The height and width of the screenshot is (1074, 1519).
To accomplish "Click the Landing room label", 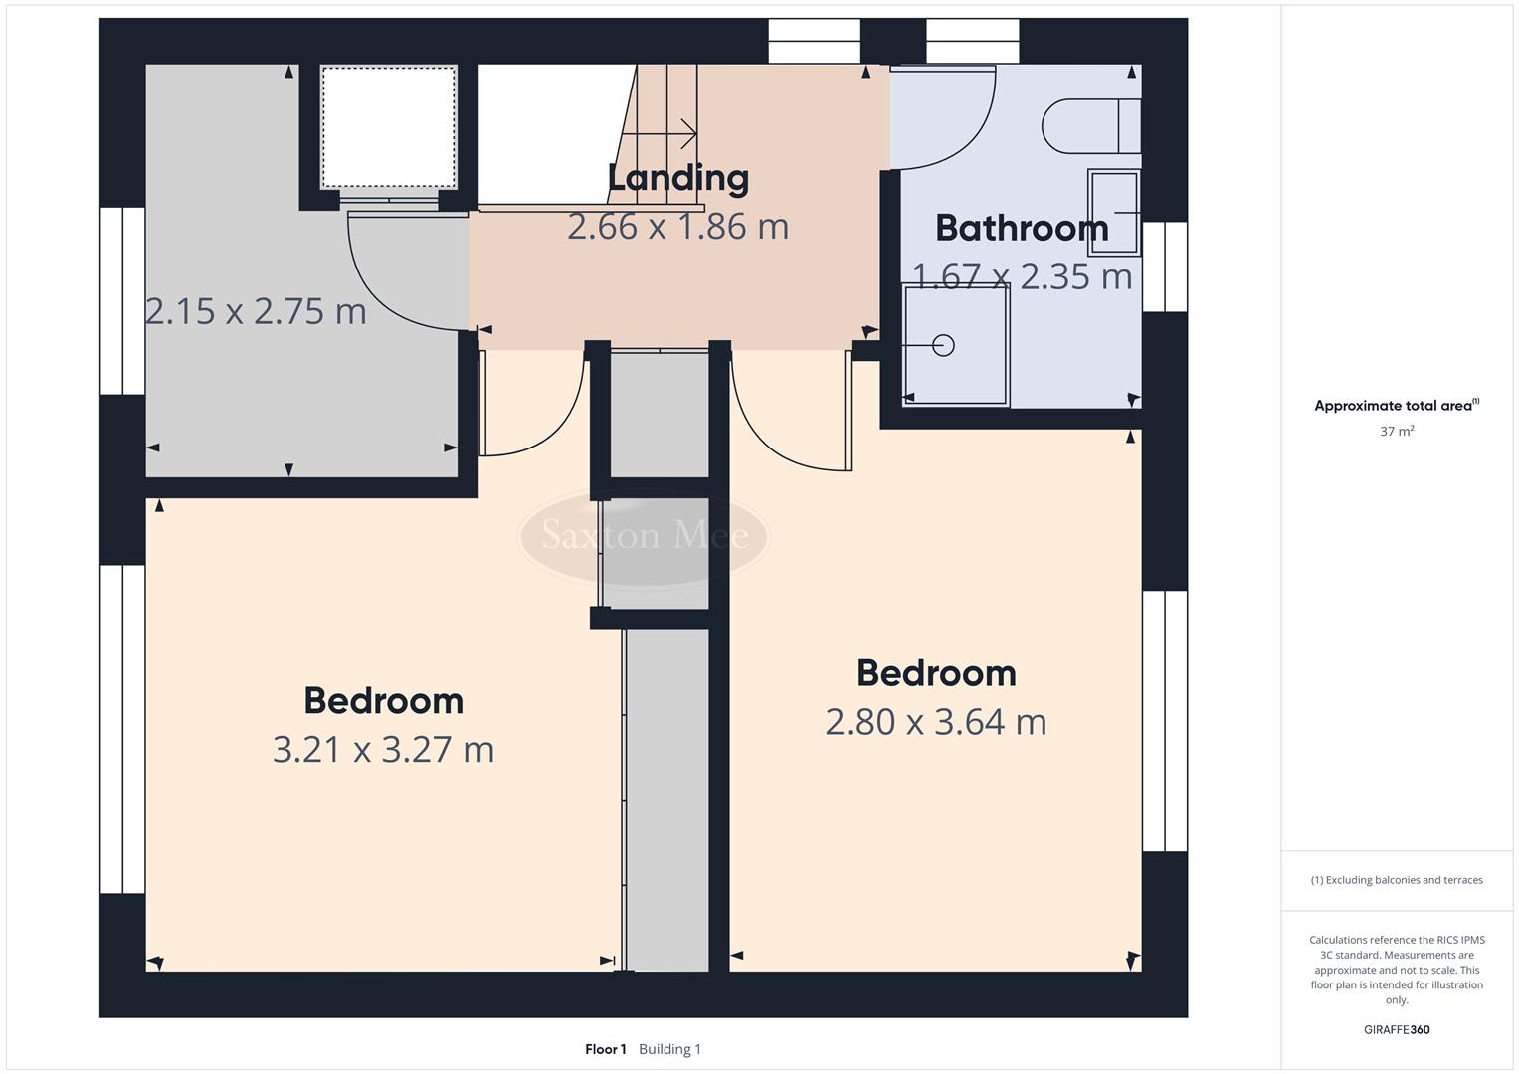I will pyautogui.click(x=677, y=179).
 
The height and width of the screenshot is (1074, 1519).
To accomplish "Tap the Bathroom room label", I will pyautogui.click(x=1022, y=229).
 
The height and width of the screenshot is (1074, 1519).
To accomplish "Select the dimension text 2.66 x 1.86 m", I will pyautogui.click(x=677, y=227).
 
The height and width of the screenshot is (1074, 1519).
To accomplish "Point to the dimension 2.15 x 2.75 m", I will pyautogui.click(x=256, y=312).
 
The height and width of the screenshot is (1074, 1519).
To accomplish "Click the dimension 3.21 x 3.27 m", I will pyautogui.click(x=383, y=749).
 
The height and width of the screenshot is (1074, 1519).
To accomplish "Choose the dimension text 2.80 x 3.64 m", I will pyautogui.click(x=935, y=721).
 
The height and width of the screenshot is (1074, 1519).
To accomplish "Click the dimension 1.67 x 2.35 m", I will pyautogui.click(x=1022, y=276).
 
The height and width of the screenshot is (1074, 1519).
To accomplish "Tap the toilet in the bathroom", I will pyautogui.click(x=1089, y=126).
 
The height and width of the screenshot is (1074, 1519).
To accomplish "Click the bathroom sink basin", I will pyautogui.click(x=1114, y=212).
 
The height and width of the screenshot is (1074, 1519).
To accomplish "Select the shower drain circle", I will pyautogui.click(x=943, y=345).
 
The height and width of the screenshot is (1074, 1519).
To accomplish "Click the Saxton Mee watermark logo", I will pyautogui.click(x=644, y=536).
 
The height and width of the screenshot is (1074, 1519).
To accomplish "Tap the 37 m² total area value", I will pyautogui.click(x=1397, y=432).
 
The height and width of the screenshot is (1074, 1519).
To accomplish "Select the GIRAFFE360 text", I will pyautogui.click(x=1396, y=1029).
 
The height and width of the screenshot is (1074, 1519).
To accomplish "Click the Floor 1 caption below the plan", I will pyautogui.click(x=605, y=1049).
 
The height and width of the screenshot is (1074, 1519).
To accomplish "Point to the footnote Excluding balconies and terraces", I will pyautogui.click(x=1397, y=880).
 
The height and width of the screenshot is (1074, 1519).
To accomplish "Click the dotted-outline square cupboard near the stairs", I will pyautogui.click(x=388, y=126).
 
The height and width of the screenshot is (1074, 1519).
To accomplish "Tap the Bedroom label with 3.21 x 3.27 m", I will pyautogui.click(x=383, y=701).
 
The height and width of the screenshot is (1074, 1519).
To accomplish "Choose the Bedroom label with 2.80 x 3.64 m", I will pyautogui.click(x=935, y=673).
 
